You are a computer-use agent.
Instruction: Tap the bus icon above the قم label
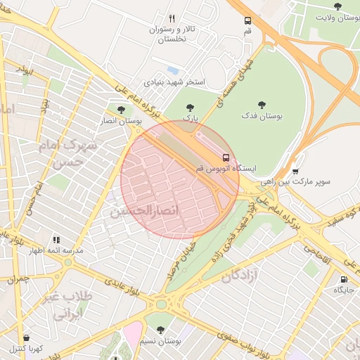tap(247, 21)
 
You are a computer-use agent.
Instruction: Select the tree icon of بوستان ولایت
tap(338, 7)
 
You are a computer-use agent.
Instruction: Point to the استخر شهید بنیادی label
tap(174, 82)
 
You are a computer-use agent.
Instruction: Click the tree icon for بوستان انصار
tap(121, 110)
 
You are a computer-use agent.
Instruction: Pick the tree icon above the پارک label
tap(188, 108)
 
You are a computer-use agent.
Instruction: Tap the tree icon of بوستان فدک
tap(262, 105)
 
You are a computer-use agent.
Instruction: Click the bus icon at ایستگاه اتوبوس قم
tap(226, 157)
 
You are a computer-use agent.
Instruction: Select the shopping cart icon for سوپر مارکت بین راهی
tap(295, 170)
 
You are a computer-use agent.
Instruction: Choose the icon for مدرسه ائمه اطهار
tap(56, 240)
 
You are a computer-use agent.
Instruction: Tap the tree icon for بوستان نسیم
tap(160, 329)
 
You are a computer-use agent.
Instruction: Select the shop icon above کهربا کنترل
tap(26, 338)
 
